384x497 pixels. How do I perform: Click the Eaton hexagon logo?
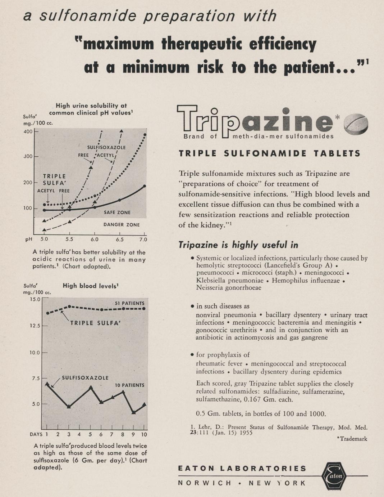point(334,476)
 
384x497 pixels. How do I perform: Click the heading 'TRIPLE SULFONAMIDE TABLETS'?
point(270,154)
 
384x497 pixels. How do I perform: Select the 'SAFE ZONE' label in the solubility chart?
point(117,212)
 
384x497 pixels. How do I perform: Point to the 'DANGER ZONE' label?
point(122,225)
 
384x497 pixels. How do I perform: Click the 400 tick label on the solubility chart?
point(28,131)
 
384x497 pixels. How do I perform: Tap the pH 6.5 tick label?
point(120,239)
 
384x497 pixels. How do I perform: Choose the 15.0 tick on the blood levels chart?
point(35,299)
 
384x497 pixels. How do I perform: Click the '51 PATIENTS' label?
point(129,303)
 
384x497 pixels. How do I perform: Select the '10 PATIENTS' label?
point(129,385)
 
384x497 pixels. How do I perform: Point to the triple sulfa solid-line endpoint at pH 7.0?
point(145,186)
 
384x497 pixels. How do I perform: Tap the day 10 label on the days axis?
point(144,434)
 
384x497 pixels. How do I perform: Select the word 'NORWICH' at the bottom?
point(205,483)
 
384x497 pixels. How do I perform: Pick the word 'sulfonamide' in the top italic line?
point(88,16)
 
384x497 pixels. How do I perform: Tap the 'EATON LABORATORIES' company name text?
point(242,469)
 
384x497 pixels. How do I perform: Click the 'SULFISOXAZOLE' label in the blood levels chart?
point(85,378)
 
